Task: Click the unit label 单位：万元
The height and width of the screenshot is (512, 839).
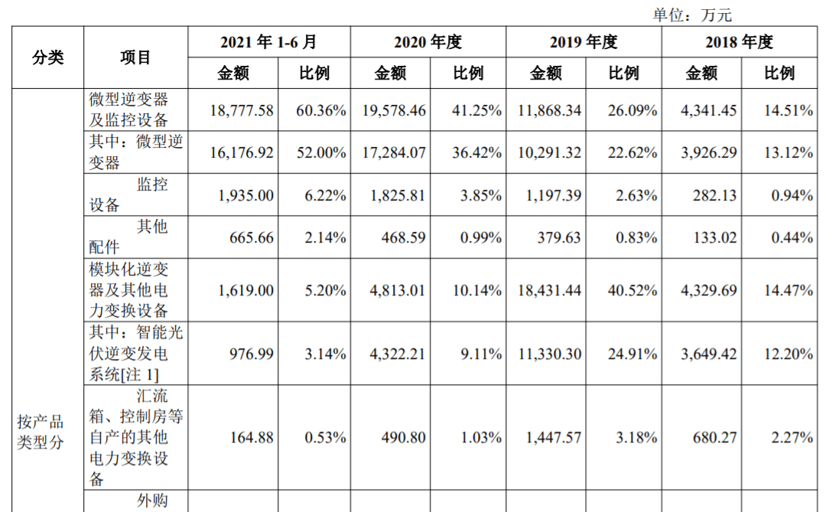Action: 691,15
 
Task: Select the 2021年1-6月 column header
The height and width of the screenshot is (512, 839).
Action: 268,42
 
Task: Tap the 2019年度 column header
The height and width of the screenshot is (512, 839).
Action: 584,42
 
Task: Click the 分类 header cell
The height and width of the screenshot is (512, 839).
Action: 47,57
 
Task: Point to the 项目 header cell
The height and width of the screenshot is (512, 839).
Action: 135,57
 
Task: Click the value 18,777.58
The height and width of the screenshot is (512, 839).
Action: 241,110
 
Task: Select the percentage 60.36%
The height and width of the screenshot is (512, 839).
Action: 321,110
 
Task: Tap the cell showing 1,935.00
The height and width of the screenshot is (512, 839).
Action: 246,195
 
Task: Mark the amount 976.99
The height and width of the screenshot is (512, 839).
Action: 252,354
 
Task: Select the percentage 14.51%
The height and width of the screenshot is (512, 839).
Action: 788,110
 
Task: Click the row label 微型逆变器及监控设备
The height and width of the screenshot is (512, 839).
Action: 128,110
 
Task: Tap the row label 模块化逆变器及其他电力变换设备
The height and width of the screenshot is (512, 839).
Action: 128,290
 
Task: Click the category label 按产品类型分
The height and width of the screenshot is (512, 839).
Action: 41,432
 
